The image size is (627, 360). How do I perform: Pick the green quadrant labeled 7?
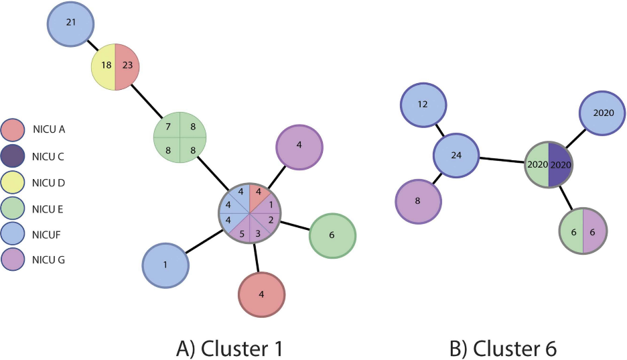coord(168,127)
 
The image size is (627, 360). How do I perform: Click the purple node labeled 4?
coord(299,144)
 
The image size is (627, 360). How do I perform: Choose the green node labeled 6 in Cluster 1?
coord(332,235)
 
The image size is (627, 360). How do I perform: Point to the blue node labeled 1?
coord(165,265)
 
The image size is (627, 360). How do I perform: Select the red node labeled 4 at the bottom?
coord(262,295)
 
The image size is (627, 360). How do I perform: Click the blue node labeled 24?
coord(456,156)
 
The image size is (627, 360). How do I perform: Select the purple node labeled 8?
coord(418,200)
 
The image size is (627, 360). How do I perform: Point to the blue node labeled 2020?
coord(602,113)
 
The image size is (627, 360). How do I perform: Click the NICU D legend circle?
coord(15,182)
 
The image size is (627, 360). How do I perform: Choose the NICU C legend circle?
coord(15,156)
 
